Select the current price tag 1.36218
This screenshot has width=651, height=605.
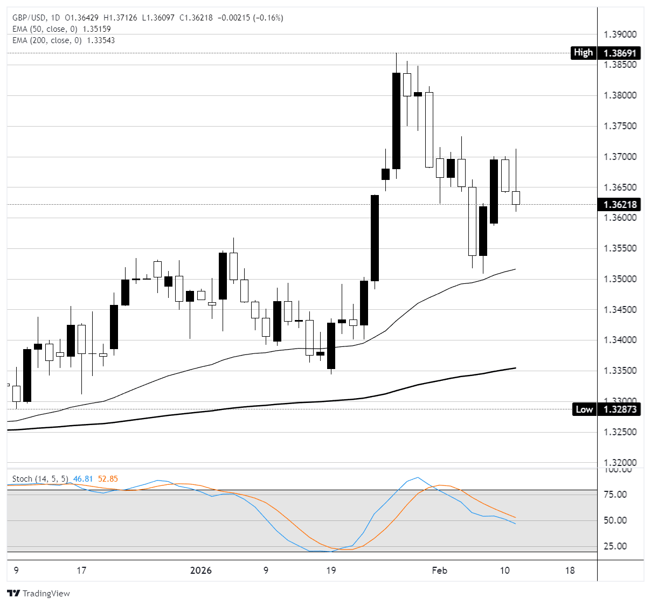click(x=620, y=205)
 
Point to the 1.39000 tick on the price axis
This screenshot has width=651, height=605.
click(x=620, y=34)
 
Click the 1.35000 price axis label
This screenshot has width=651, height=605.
click(x=620, y=279)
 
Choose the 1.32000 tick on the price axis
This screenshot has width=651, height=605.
click(x=620, y=463)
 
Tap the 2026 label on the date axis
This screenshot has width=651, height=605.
click(x=201, y=571)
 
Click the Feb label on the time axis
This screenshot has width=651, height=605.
click(x=439, y=571)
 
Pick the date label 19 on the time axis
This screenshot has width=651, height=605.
click(x=331, y=571)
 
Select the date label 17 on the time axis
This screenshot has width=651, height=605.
click(x=81, y=571)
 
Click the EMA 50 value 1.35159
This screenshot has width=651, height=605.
click(x=96, y=29)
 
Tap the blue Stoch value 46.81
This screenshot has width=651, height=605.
click(x=83, y=479)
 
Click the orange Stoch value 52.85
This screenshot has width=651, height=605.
click(x=108, y=479)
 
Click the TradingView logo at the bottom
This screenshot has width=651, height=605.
click(x=39, y=593)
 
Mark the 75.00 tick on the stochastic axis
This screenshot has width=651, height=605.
click(x=615, y=495)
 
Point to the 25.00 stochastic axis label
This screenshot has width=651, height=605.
click(x=615, y=546)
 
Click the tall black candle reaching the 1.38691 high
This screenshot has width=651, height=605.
click(x=396, y=121)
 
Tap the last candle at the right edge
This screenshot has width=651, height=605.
click(x=516, y=198)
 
